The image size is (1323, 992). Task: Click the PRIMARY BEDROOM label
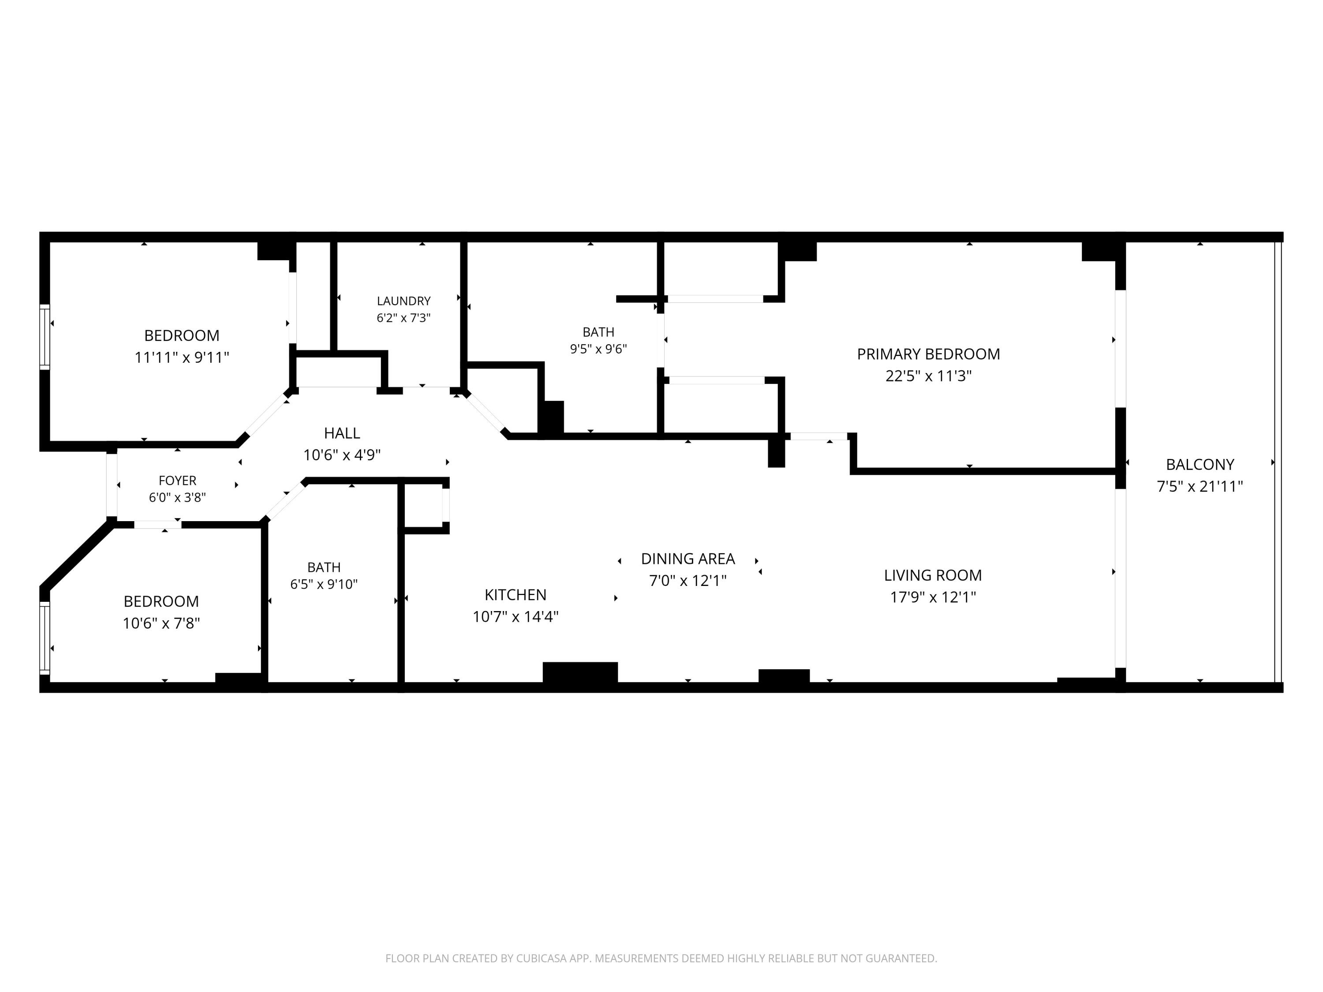point(928,354)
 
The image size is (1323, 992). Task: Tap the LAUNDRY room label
point(404,301)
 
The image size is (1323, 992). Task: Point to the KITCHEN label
point(516,594)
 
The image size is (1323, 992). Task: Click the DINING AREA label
point(688,559)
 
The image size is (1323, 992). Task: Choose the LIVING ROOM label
point(933,575)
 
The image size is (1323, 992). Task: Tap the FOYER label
point(178,480)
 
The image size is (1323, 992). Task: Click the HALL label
point(342,433)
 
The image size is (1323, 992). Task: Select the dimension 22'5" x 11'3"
point(928,376)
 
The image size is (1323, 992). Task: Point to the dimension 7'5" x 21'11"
point(1200,486)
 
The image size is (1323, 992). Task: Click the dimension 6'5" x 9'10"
point(324,584)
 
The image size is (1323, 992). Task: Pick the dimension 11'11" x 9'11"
point(182,358)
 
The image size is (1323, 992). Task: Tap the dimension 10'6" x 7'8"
point(161,623)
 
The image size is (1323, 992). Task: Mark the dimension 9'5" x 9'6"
point(598,349)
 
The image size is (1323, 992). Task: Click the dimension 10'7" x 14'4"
point(516,616)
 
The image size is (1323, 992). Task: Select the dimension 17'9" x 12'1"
point(933,597)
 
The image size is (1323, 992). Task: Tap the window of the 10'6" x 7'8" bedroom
point(45,638)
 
